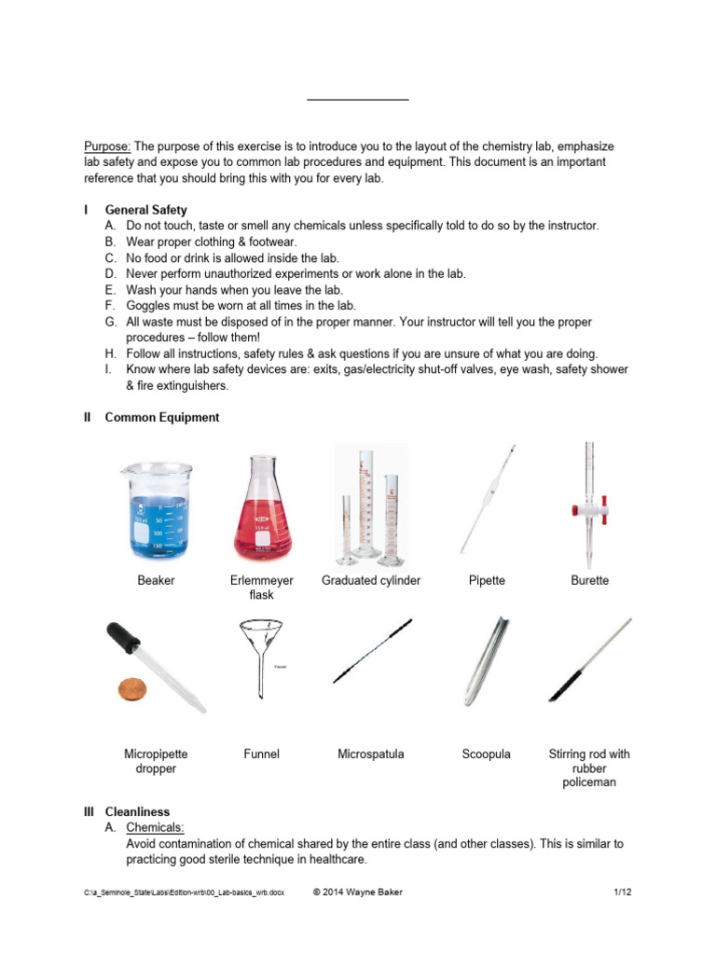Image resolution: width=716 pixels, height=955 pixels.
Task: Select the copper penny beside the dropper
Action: (x=131, y=689)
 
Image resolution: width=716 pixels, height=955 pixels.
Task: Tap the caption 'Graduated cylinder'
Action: (x=371, y=580)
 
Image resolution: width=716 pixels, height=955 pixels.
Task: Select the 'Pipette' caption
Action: (x=487, y=580)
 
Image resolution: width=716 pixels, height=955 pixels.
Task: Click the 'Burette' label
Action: (x=589, y=580)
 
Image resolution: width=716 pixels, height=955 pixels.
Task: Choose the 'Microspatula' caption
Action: (x=371, y=754)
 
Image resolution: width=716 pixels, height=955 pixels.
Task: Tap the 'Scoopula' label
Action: (x=487, y=754)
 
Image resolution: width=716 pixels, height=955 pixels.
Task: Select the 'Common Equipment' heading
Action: (x=161, y=418)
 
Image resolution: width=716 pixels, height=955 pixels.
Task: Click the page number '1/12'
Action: (x=623, y=893)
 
